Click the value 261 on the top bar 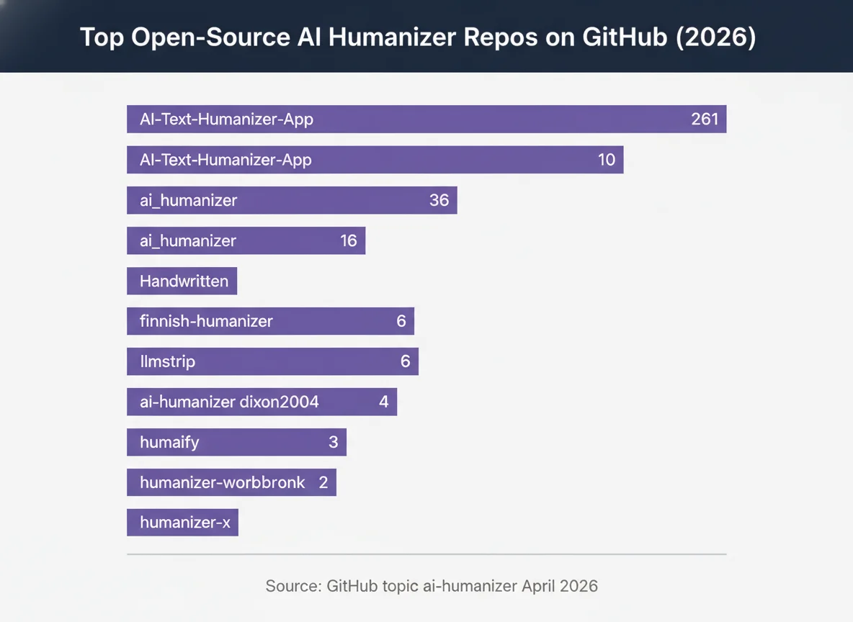click(705, 120)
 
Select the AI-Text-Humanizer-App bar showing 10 click(375, 160)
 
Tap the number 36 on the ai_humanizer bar click(439, 200)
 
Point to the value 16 click(349, 240)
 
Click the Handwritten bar click(182, 281)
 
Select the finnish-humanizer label click(206, 321)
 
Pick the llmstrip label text click(167, 361)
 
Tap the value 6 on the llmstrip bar click(405, 361)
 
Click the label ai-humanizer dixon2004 click(229, 402)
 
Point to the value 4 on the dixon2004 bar click(383, 402)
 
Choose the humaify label click(169, 442)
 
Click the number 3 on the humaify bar click(333, 442)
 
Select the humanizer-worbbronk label click(223, 482)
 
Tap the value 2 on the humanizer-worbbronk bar click(323, 482)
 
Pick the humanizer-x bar click(182, 523)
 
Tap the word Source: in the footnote click(292, 586)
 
